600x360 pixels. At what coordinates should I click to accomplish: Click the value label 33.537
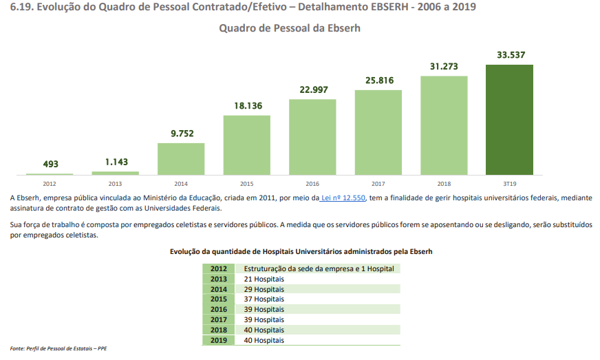509,55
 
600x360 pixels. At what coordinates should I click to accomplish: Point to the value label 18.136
247,106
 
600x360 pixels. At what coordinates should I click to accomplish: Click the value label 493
50,164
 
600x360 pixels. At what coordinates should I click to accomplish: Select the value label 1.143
116,162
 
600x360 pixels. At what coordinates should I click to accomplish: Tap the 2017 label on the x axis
378,184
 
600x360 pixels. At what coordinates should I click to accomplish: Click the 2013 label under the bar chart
116,184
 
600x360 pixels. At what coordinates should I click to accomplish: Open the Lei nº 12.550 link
343,198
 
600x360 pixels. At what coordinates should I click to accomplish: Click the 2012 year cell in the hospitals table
218,268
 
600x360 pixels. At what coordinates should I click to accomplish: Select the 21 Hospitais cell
264,279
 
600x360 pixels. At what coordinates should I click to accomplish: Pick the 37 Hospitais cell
264,299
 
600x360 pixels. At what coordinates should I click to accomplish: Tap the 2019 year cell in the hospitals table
218,340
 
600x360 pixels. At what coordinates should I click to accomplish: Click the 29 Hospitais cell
264,289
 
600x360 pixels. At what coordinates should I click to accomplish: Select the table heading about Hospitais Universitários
301,252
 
